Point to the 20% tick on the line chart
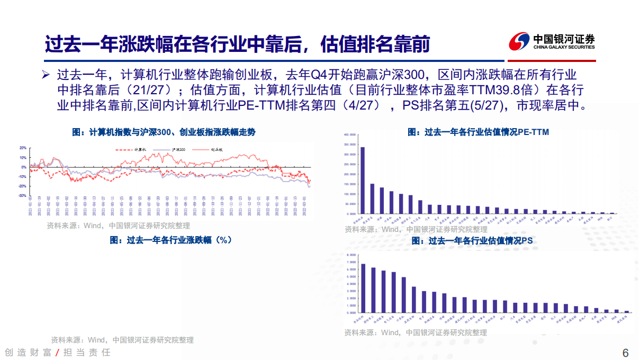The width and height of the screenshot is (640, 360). point(23,148)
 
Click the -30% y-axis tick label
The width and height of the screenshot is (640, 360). point(22,196)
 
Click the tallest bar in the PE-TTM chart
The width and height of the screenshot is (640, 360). point(362,180)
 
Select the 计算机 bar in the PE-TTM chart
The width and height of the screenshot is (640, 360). point(391,202)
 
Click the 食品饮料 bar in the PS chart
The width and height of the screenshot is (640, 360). point(363,288)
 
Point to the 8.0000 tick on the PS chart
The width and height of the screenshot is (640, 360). point(350,255)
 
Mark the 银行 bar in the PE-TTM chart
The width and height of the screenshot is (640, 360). point(612,213)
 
